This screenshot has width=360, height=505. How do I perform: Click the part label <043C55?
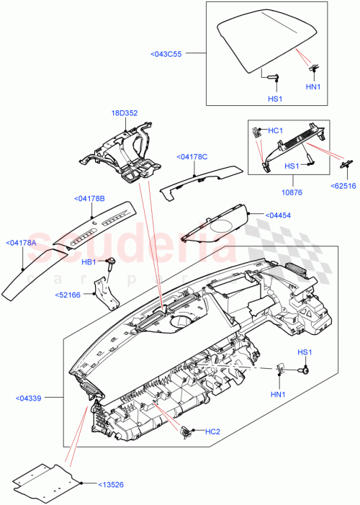tap(166, 53)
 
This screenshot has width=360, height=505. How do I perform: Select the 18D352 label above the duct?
tap(124, 112)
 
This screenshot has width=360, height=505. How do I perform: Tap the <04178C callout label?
tap(192, 156)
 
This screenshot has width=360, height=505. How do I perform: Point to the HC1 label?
tap(275, 130)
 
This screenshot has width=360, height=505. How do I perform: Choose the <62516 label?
tap(343, 185)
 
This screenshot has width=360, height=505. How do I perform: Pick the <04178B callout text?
tap(89, 198)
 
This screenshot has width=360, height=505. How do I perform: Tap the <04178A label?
tap(22, 243)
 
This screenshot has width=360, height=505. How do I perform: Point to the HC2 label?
tap(212, 432)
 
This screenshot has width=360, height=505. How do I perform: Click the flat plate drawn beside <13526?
tap(47, 481)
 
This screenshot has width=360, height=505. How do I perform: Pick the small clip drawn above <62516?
tap(343, 164)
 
